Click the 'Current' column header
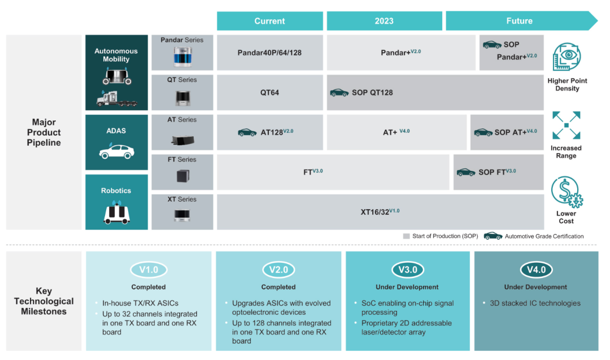[269, 21]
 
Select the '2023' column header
[384, 21]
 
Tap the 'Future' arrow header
[520, 21]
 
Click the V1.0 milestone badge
[148, 270]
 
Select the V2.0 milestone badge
[278, 270]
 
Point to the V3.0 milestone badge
[407, 270]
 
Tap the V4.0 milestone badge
[536, 270]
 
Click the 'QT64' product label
[269, 93]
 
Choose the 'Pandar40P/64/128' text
[269, 53]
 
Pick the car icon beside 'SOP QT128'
[339, 93]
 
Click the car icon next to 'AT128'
[247, 132]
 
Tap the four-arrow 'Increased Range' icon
[566, 125]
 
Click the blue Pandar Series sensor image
[182, 57]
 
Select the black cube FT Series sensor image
[182, 176]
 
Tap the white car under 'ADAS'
[116, 151]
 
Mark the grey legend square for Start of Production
[406, 236]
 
